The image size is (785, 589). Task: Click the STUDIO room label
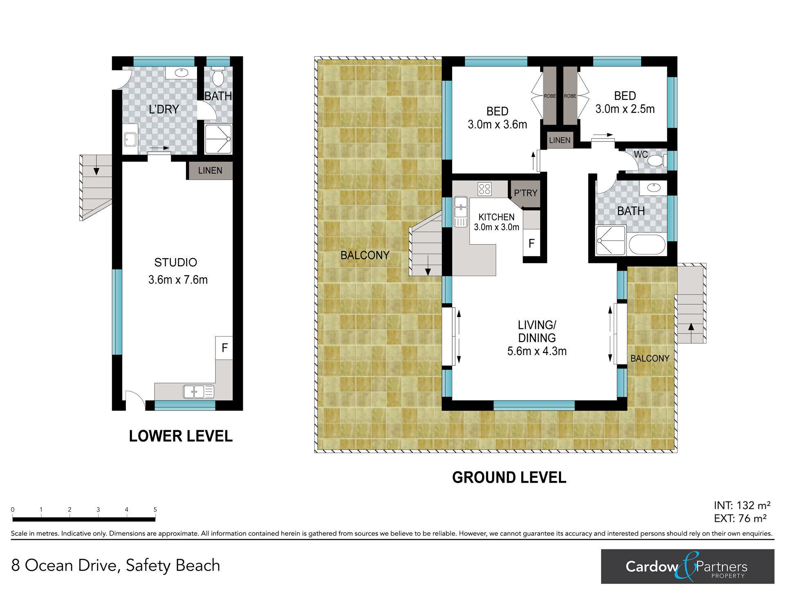(175, 262)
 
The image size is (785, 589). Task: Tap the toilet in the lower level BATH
(218, 76)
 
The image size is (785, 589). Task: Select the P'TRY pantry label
(525, 193)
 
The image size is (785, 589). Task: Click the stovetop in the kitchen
(485, 189)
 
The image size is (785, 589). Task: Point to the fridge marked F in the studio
(224, 348)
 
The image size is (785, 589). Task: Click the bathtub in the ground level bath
(647, 245)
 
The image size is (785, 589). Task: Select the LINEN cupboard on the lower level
(210, 171)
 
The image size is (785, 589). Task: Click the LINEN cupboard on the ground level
(559, 140)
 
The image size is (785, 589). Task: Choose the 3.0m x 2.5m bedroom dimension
(625, 109)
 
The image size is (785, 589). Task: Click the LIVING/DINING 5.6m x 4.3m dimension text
(537, 351)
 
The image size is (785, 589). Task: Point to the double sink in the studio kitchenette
(198, 392)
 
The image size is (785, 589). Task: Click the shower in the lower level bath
(218, 139)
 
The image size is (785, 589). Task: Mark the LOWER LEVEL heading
(181, 436)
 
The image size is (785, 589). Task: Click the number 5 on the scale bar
(155, 510)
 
